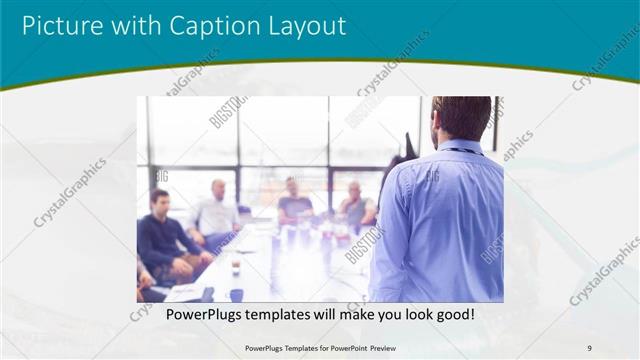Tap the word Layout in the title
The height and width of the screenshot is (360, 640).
301,24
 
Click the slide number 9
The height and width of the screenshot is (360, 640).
590,347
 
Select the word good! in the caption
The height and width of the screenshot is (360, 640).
452,315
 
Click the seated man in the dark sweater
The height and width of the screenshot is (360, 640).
160,240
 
